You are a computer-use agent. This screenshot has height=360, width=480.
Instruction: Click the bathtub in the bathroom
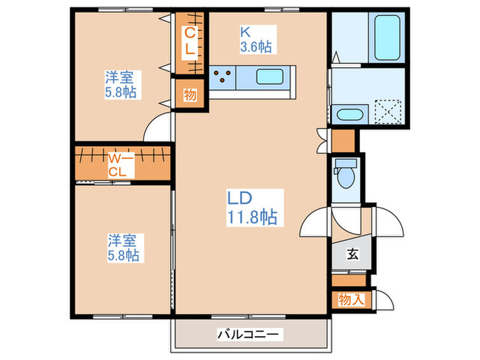tap(387, 37)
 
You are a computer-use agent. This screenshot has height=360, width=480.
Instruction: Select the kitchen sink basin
tap(269, 77)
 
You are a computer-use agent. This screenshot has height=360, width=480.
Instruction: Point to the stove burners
tap(222, 77)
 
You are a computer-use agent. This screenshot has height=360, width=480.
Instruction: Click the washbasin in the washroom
tap(350, 115)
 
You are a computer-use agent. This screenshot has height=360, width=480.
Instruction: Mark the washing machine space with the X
tap(388, 111)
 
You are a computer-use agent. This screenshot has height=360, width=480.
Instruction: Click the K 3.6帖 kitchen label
tap(256, 40)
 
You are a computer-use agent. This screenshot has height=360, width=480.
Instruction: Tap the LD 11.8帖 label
tap(252, 208)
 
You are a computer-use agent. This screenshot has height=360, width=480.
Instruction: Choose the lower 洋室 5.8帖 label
tap(123, 248)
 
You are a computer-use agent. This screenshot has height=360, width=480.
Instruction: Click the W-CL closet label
tap(121, 165)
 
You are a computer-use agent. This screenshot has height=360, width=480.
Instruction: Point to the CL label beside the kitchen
tap(190, 40)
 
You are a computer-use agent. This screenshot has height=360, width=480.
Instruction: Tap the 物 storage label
tap(190, 95)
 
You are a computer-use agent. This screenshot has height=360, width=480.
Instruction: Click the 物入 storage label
tap(351, 300)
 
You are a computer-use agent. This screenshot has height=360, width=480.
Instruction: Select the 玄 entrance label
tap(352, 254)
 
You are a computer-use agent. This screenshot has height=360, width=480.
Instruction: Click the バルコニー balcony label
tap(248, 335)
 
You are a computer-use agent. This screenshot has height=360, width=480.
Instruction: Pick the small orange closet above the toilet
tap(344, 141)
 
